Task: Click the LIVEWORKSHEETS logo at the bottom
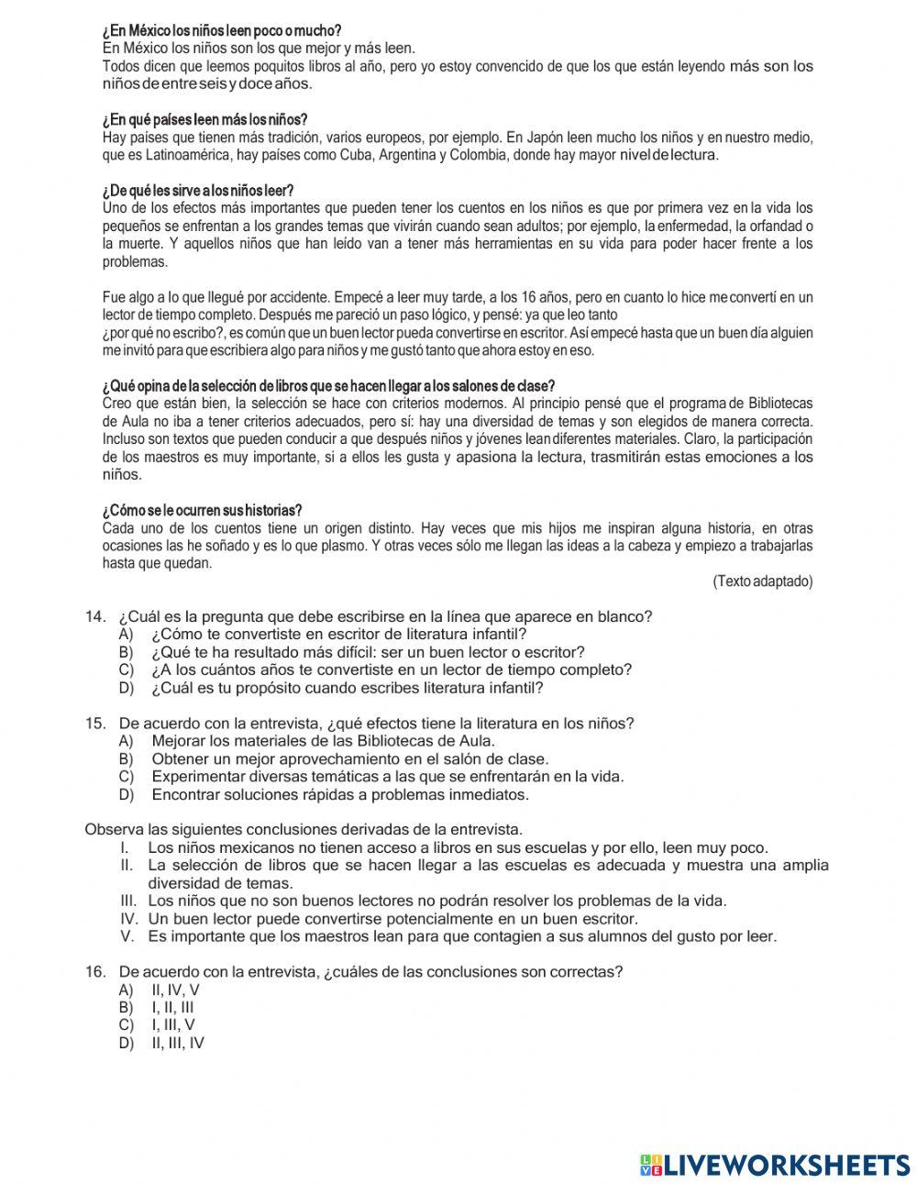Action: (775, 1164)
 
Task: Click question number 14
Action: (95, 616)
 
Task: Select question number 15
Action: (95, 724)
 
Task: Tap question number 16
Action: (95, 972)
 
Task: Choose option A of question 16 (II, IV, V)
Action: (174, 990)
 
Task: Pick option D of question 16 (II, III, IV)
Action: (177, 1043)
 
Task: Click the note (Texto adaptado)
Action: (762, 581)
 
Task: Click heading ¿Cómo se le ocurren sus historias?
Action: (202, 510)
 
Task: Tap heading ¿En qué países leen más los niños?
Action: (204, 120)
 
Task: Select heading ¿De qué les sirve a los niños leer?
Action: (198, 191)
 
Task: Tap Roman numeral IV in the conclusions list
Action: (129, 919)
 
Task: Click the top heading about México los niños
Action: (221, 31)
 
